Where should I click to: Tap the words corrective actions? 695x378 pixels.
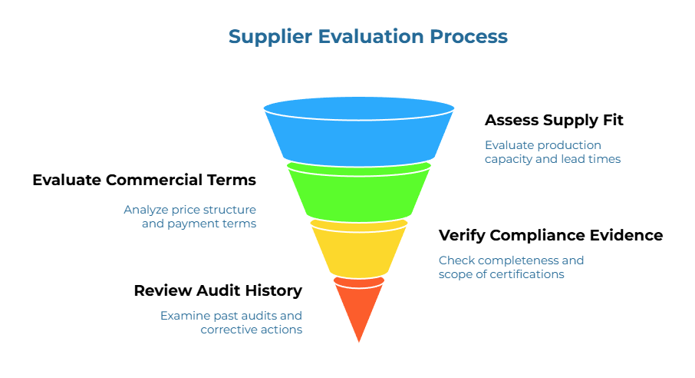click(x=251, y=329)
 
